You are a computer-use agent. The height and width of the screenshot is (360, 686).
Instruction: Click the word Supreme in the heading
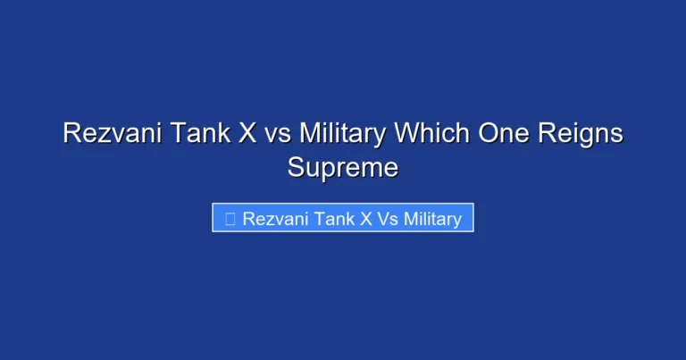[343, 166]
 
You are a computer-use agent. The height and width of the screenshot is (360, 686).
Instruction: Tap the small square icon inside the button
[230, 219]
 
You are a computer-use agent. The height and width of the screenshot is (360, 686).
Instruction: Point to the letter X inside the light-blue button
[366, 219]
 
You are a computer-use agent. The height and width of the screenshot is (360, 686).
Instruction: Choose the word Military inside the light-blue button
[432, 219]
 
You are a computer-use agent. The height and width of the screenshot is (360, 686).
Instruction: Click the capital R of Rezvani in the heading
[71, 134]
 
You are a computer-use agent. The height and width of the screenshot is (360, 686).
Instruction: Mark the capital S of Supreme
[295, 166]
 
